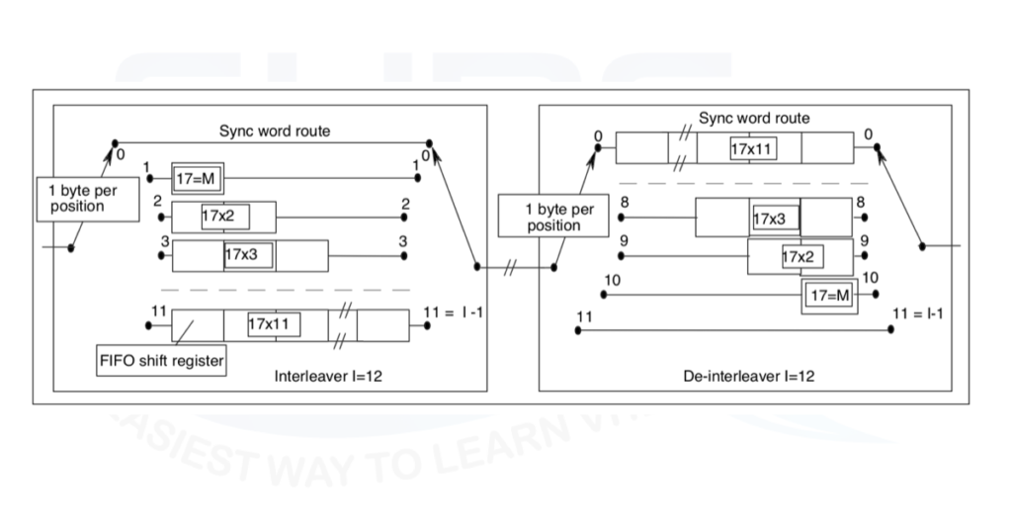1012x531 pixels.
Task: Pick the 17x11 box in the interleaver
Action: (x=275, y=323)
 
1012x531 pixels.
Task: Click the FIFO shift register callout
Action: (x=160, y=361)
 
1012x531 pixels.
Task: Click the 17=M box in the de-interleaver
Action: (x=830, y=295)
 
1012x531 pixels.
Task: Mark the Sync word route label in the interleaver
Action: (x=274, y=131)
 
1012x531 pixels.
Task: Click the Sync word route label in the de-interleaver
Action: (x=754, y=119)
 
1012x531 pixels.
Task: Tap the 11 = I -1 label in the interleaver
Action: (x=451, y=312)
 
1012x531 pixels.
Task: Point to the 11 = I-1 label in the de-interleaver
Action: (x=916, y=313)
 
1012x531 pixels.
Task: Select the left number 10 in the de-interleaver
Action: (x=613, y=281)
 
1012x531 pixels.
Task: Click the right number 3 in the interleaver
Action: (x=403, y=241)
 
